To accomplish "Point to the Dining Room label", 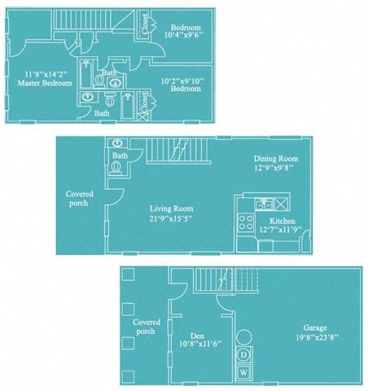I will pyautogui.click(x=275, y=159).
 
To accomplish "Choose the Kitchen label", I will pyautogui.click(x=282, y=221).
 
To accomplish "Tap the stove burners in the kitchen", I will pyautogui.click(x=243, y=221).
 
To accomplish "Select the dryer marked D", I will pyautogui.click(x=243, y=355).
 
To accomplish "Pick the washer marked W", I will pyautogui.click(x=243, y=373).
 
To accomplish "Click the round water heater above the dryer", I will pyautogui.click(x=243, y=336).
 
